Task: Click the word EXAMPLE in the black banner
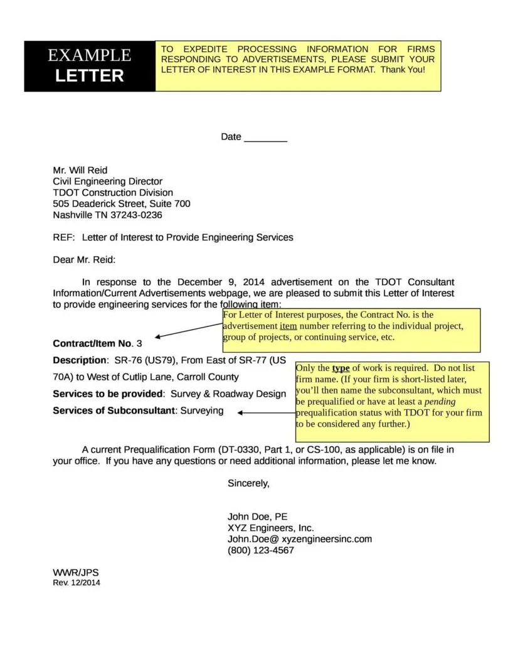[x=90, y=55]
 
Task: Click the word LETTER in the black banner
[x=90, y=76]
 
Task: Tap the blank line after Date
[x=265, y=137]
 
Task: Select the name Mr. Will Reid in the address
[x=80, y=170]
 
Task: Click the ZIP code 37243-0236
[x=136, y=215]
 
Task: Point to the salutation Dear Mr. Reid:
[x=84, y=260]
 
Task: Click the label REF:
[x=64, y=238]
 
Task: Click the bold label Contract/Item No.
[x=93, y=343]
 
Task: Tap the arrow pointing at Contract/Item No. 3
[x=188, y=331]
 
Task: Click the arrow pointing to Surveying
[x=267, y=412]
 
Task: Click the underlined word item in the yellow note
[x=288, y=326]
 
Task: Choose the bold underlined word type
[x=341, y=368]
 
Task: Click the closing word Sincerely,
[x=248, y=483]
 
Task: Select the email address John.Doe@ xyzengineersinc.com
[x=299, y=539]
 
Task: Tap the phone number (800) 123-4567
[x=260, y=550]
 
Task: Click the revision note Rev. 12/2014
[x=76, y=582]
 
